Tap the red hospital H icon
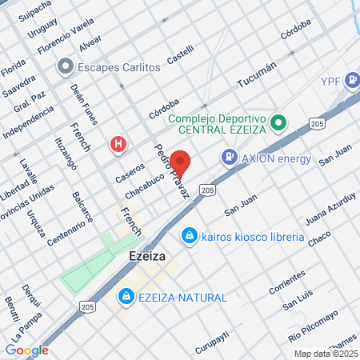118,145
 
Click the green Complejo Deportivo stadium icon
278,123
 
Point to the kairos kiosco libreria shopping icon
190,237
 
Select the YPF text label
331,81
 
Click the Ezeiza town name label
147,258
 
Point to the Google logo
27,350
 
